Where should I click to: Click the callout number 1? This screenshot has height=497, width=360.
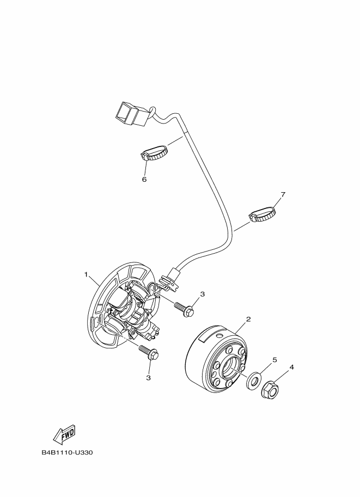pos(86,274)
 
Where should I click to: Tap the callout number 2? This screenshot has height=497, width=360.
pos(248,319)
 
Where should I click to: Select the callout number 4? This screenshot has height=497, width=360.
pos(291,367)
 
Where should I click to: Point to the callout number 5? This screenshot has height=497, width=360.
pos(274,360)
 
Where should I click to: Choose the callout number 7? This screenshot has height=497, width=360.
pos(282,194)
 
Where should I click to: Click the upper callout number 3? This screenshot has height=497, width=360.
pos(202,294)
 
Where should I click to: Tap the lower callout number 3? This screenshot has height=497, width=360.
pos(148,377)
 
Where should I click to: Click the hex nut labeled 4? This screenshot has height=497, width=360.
pos(270,389)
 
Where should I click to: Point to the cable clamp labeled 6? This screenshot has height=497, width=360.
pos(154,154)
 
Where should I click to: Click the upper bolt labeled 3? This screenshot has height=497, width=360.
pos(184,309)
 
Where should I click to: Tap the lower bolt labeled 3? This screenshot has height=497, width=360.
pos(149,353)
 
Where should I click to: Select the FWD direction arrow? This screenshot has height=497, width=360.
pos(63,434)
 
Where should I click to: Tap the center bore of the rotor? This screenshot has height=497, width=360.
pos(233,371)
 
